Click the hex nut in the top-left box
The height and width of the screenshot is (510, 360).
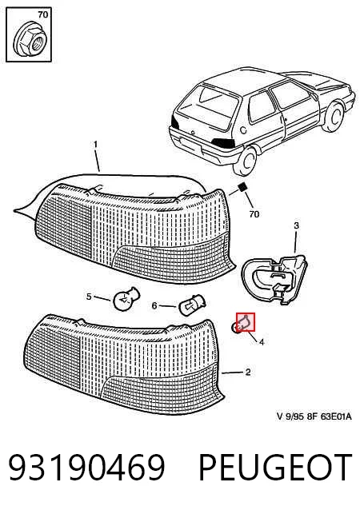(x=30, y=40)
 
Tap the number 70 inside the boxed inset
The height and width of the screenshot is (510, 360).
(x=42, y=14)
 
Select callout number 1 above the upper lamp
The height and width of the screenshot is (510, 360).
(x=95, y=144)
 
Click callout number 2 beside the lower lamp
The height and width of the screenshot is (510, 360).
(x=248, y=372)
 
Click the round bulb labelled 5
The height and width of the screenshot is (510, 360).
(x=126, y=298)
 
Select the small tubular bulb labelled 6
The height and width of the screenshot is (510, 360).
(x=192, y=305)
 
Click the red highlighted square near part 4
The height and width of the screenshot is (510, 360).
(x=246, y=322)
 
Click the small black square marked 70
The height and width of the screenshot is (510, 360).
(x=242, y=187)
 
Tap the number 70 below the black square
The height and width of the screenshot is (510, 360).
(x=254, y=214)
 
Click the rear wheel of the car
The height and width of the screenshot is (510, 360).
(x=245, y=161)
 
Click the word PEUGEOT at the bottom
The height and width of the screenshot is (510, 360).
(x=275, y=468)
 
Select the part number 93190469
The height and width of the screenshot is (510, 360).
(x=86, y=468)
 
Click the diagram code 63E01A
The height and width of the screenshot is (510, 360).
(x=335, y=416)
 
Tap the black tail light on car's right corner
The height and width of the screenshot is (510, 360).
(x=224, y=142)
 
